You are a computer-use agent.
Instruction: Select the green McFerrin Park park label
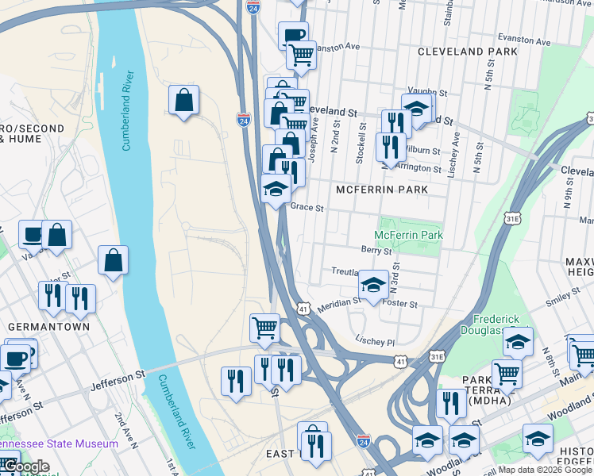point(408,236)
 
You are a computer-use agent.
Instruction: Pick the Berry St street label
point(376,250)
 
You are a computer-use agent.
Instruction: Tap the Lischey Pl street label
point(375,340)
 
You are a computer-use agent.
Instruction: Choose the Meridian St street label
point(334,305)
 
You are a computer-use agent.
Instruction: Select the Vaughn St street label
point(423,92)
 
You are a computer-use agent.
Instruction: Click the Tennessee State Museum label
point(59,444)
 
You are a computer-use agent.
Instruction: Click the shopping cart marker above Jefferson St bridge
point(264,327)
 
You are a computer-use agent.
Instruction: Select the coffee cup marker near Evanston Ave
point(292,36)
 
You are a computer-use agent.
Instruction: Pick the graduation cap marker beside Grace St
point(276,189)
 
